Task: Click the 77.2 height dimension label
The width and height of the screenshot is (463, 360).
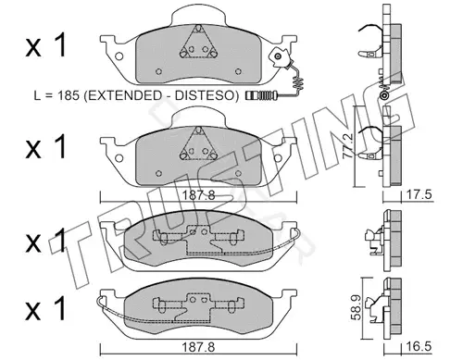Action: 348,145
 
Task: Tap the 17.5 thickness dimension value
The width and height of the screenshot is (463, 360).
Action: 419,195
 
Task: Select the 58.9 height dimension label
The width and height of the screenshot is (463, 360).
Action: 357,307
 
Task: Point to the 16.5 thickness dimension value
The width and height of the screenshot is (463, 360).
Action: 419,346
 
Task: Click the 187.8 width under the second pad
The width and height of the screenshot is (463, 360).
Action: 198,195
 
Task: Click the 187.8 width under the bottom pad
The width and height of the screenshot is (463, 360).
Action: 198,347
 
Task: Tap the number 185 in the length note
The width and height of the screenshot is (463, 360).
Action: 69,95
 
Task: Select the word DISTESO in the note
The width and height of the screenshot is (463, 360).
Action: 203,95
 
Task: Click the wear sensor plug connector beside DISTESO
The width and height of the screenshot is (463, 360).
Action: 262,95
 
